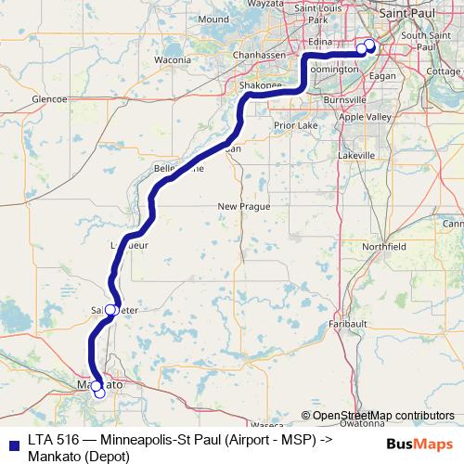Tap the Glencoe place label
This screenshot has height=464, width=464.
(x=48, y=97)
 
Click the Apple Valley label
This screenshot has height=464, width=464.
(x=365, y=118)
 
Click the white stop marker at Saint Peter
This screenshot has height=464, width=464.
(x=110, y=310)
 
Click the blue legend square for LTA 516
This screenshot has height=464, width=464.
(x=12, y=442)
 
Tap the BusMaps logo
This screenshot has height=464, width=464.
(x=418, y=443)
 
